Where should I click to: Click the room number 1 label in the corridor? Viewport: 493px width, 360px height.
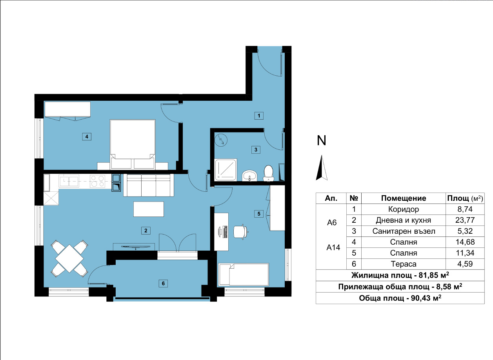(259, 116)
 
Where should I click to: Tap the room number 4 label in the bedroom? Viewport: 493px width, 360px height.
(87, 136)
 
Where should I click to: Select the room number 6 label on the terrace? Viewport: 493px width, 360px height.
(163, 283)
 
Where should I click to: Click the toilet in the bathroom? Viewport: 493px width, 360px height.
(268, 173)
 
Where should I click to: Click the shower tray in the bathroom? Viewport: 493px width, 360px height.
(226, 169)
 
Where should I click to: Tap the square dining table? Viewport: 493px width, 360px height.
(69, 258)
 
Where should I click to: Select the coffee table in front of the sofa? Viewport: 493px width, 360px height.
(149, 209)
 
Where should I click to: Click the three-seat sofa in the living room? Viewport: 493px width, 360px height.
(149, 185)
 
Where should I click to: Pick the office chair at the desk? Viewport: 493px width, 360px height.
(240, 232)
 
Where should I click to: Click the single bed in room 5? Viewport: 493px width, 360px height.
(243, 275)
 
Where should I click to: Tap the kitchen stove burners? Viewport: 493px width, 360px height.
(98, 181)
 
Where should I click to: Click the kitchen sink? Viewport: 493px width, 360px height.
(69, 181)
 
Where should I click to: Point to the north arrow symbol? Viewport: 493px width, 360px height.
(322, 168)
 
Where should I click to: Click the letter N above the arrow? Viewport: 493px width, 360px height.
(321, 141)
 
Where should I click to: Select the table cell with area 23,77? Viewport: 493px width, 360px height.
(465, 220)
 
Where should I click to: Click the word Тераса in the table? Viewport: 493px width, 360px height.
(404, 264)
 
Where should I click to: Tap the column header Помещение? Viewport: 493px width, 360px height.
(404, 198)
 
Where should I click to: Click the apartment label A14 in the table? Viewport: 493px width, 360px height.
(333, 247)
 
